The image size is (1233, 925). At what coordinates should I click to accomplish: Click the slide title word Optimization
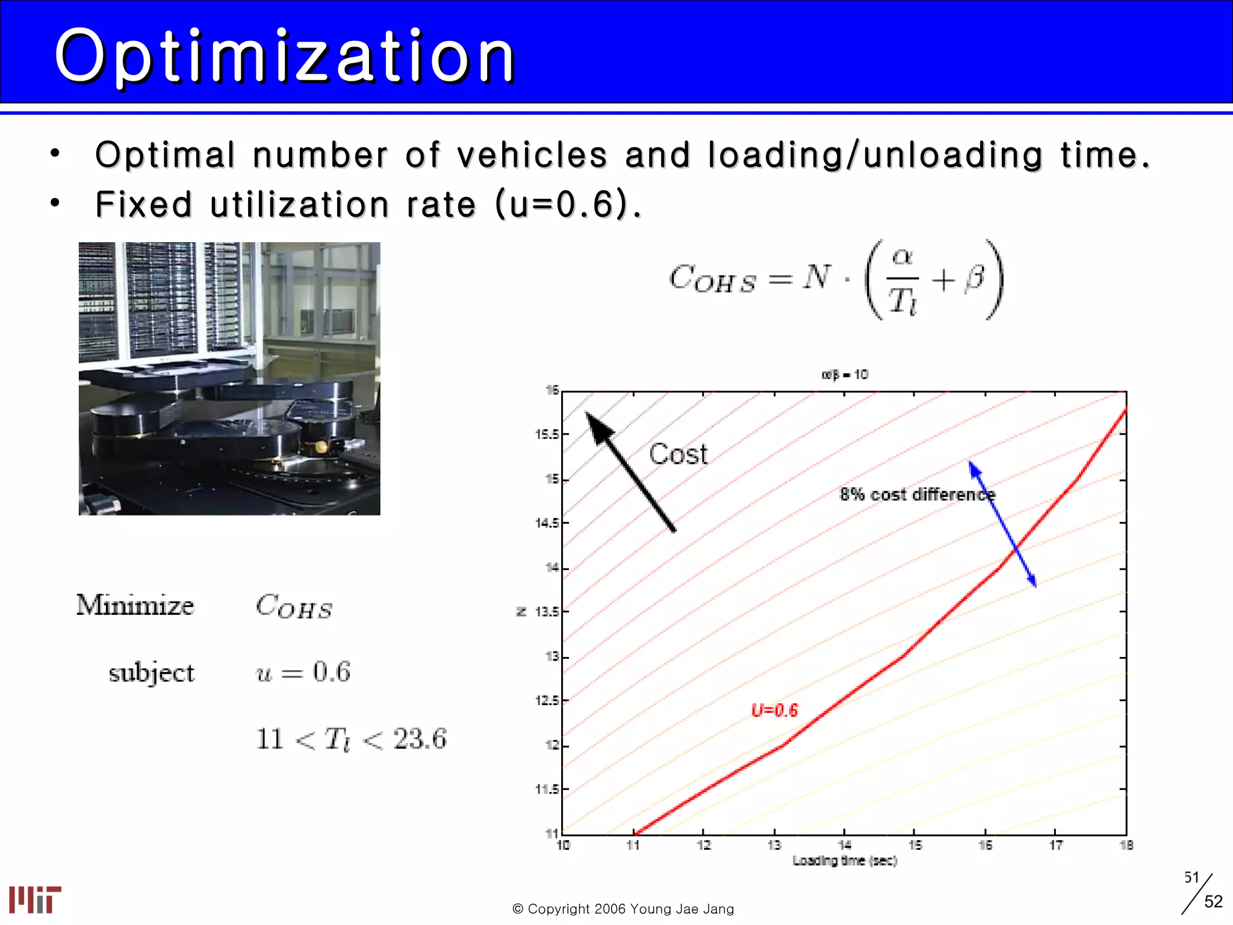click(284, 57)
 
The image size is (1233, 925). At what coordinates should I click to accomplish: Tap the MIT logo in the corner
click(35, 899)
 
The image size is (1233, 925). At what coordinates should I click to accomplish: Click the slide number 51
click(1191, 877)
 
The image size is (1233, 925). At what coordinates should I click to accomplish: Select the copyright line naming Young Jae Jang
click(623, 909)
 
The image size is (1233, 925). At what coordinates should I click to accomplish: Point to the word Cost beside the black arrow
click(678, 454)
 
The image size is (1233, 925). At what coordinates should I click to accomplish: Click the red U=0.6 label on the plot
click(774, 711)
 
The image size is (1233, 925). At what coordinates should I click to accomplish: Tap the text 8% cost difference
click(917, 494)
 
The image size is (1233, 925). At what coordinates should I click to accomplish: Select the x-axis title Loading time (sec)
click(844, 861)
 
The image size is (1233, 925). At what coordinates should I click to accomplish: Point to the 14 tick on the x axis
click(844, 846)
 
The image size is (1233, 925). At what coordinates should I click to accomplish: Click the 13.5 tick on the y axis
click(547, 612)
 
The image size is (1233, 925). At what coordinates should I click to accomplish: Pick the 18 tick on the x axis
click(1126, 846)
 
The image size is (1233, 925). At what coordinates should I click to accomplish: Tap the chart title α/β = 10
click(844, 375)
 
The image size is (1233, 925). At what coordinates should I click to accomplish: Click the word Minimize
click(135, 605)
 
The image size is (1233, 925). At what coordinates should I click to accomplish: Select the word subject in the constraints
click(151, 673)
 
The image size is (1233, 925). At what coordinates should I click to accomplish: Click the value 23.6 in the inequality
click(420, 739)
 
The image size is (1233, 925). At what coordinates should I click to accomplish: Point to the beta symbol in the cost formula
click(974, 278)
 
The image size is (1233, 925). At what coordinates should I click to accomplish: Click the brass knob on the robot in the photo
click(321, 447)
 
